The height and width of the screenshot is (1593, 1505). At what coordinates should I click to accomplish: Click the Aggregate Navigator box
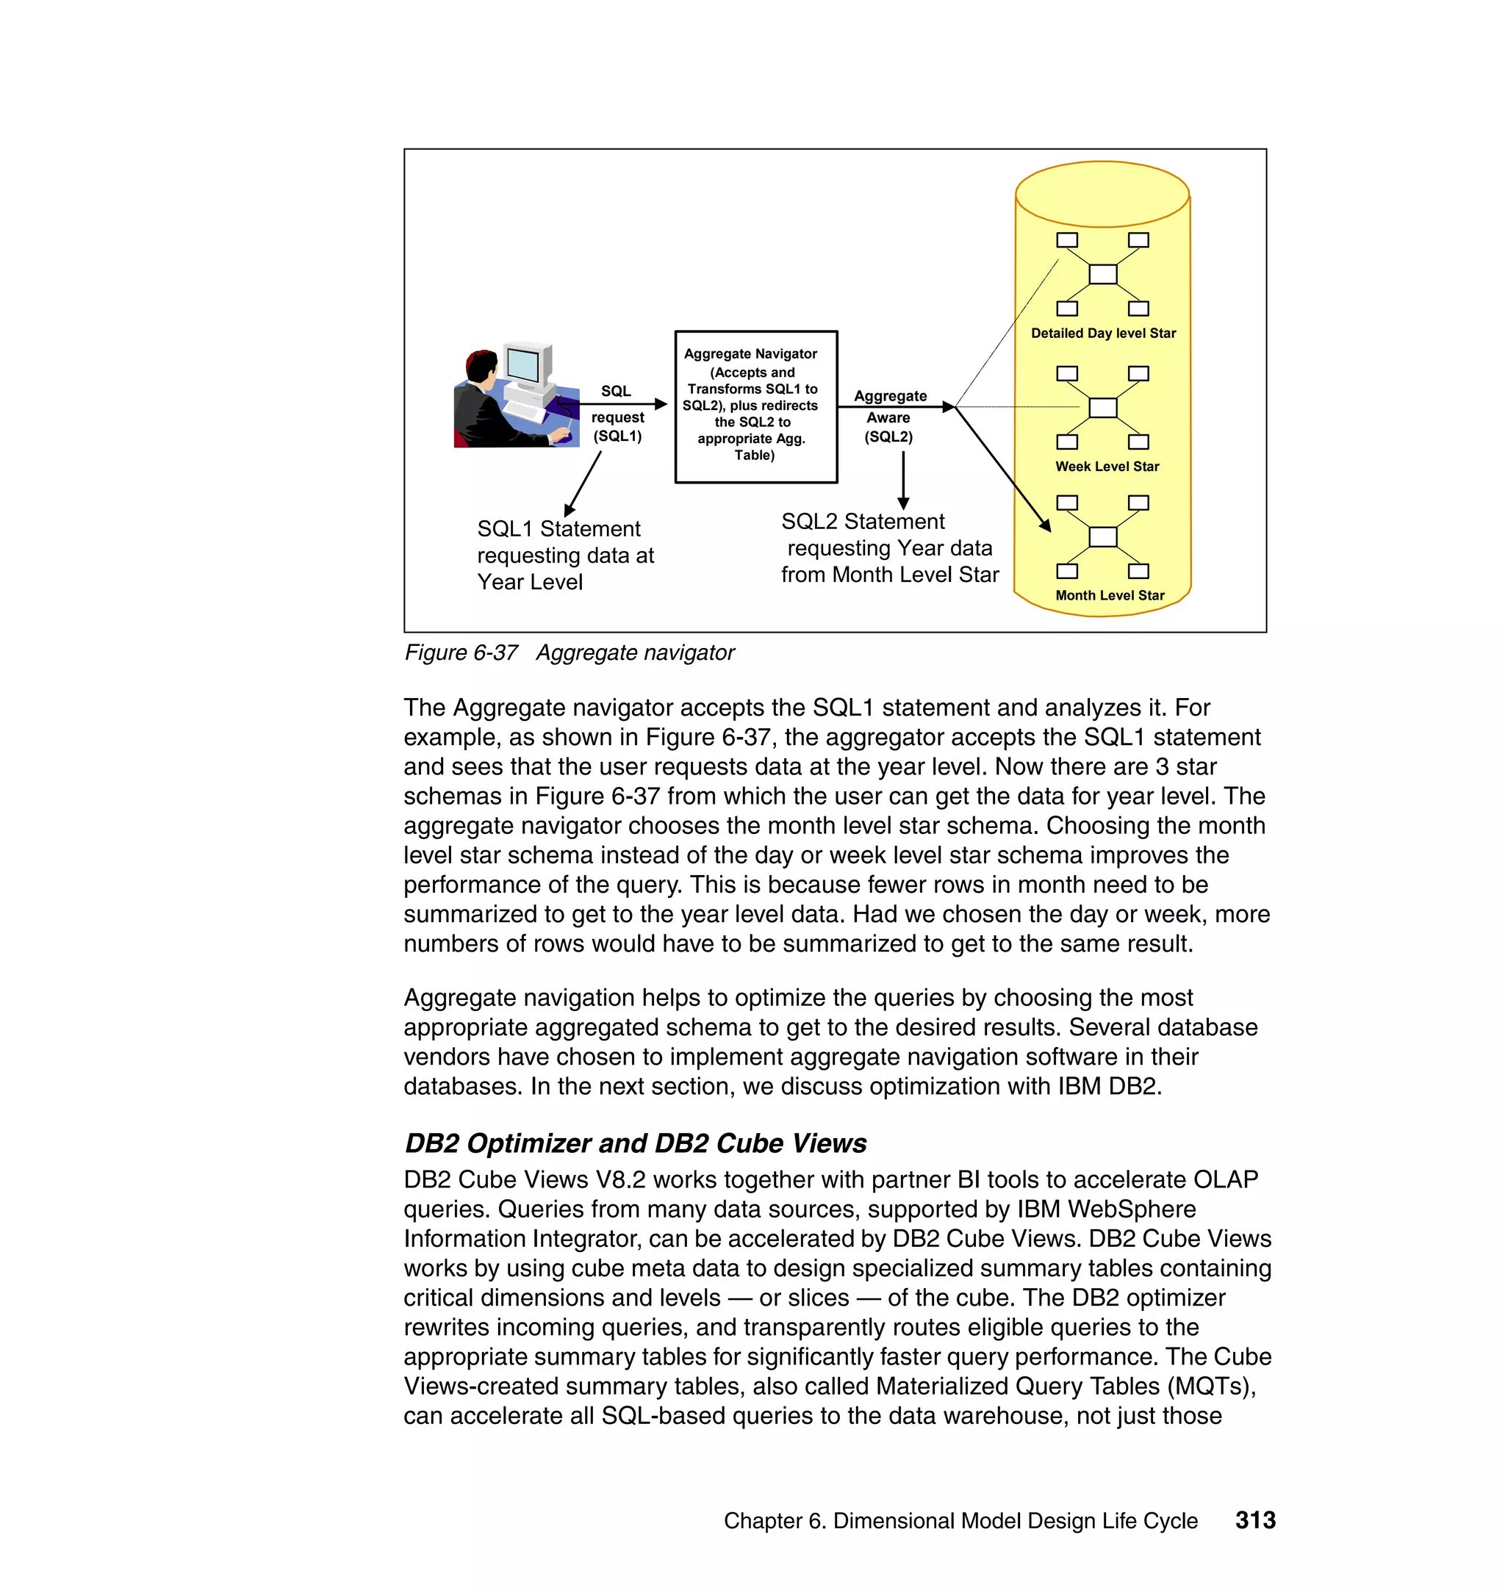(x=755, y=406)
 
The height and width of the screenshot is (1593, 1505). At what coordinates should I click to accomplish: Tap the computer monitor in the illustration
(x=525, y=366)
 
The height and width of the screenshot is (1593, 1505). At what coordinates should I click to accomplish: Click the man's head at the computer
(x=482, y=367)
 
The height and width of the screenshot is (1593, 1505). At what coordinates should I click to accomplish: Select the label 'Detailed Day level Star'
(x=1102, y=333)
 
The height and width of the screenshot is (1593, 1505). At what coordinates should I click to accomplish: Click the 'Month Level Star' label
(x=1109, y=595)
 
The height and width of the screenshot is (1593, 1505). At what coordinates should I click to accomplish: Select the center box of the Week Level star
(x=1102, y=408)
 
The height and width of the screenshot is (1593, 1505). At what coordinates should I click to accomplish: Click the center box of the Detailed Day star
(x=1102, y=274)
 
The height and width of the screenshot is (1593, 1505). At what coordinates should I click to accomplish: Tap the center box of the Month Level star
(x=1102, y=536)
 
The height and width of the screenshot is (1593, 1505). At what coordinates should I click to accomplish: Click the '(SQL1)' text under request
(x=617, y=436)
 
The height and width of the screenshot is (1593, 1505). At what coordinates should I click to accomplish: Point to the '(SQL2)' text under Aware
(x=888, y=437)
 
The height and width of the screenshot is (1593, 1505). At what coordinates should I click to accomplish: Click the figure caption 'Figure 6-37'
(x=461, y=653)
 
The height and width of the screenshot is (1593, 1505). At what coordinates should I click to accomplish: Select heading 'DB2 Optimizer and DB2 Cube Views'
(x=636, y=1143)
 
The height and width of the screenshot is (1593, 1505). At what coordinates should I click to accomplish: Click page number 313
(x=1254, y=1520)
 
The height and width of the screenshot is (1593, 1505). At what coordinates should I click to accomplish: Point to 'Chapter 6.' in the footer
(x=774, y=1521)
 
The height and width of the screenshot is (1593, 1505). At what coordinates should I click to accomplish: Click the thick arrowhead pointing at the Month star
(x=1045, y=525)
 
